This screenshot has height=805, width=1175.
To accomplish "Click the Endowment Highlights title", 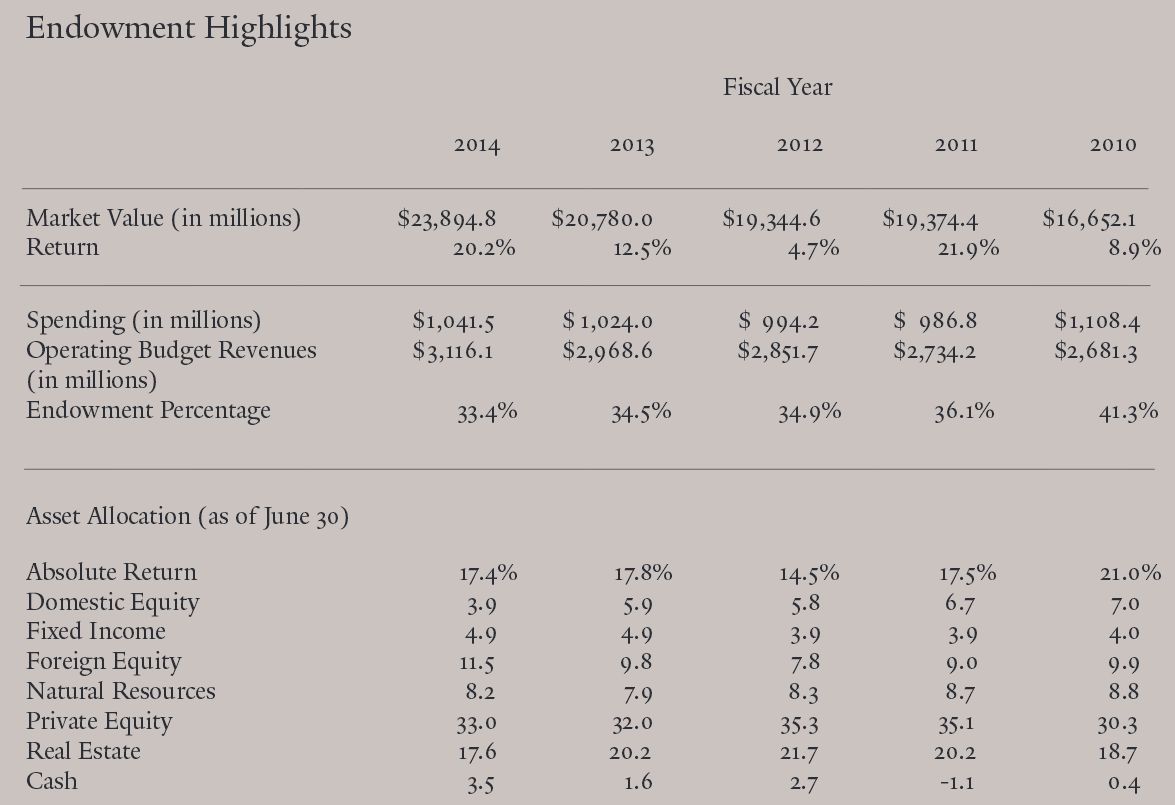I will [x=189, y=28].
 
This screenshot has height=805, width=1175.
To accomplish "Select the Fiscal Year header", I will [x=777, y=87].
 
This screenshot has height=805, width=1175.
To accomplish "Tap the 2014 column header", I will [x=477, y=145].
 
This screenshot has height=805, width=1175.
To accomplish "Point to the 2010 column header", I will [x=1113, y=145].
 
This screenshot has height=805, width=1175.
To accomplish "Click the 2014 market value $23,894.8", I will [x=447, y=219].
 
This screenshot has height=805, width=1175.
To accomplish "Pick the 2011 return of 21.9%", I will [x=968, y=248].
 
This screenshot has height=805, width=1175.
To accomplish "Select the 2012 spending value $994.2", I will [x=779, y=321].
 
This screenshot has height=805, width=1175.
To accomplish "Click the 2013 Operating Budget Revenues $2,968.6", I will [x=607, y=351].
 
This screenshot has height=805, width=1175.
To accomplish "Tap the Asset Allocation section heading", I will [x=187, y=517].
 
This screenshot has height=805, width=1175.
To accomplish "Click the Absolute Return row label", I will [x=111, y=572].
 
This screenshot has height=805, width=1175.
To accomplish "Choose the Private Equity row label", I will [x=99, y=722].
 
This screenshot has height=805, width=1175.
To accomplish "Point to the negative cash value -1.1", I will [x=958, y=783].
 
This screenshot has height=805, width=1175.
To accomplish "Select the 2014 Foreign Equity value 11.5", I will [x=477, y=663].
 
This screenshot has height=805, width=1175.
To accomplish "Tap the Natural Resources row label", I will [x=120, y=692].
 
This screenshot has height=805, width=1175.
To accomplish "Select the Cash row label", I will [x=51, y=781].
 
